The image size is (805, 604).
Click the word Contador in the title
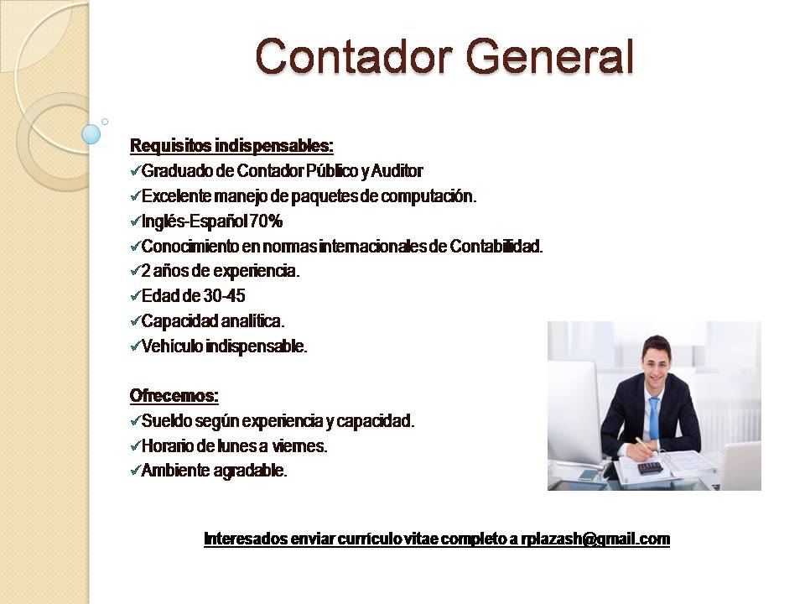pos(354,56)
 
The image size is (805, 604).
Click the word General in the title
pos(550,56)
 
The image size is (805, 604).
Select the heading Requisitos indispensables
pos(231,146)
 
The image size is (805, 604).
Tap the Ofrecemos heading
pos(174,396)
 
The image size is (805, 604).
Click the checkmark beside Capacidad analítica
pos(135,321)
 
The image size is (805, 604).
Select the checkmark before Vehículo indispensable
pos(135,346)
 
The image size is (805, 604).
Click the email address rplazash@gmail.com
pos(595,539)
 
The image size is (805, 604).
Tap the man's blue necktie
pos(654,419)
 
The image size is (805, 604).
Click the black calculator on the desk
pos(650,467)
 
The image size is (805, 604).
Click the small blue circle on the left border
pos(91,134)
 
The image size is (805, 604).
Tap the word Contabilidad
pos(496,247)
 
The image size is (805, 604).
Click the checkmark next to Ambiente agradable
pos(135,471)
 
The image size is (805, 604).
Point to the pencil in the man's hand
pos(645,445)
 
